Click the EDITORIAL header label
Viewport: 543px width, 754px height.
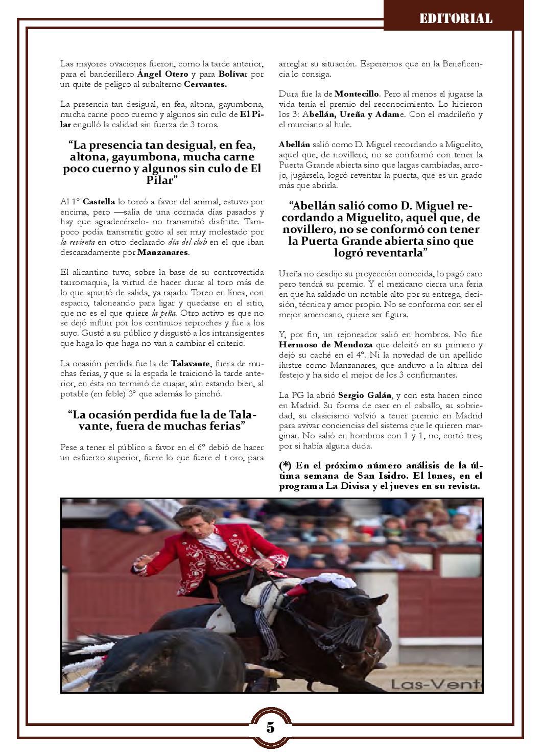pos(456,19)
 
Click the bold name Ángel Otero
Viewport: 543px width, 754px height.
pos(159,74)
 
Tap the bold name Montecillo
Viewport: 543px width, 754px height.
pos(357,94)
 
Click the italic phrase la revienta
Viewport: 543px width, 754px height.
pos(77,243)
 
